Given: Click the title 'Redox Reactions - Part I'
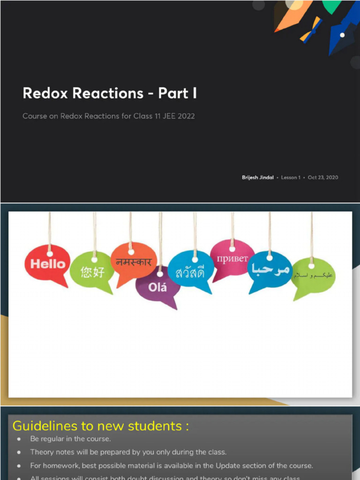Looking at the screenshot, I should click(110, 93).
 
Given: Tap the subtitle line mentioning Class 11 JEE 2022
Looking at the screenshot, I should click(108, 116).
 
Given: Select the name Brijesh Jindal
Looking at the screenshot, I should click(258, 178).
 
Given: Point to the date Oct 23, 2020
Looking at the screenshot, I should click(322, 178).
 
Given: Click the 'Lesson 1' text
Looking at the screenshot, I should click(291, 178).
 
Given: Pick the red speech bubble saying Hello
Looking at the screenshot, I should click(47, 264).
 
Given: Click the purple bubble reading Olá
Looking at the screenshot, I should click(158, 287).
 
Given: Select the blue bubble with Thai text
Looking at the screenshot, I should click(190, 272).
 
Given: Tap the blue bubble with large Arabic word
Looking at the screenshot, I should click(270, 270).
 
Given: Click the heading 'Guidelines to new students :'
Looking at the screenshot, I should click(101, 426).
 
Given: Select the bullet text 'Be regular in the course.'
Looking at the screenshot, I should click(70, 439).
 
